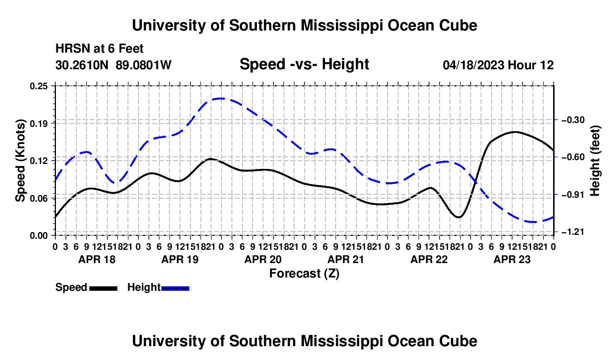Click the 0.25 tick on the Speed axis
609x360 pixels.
click(x=39, y=86)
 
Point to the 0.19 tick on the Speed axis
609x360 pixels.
click(x=39, y=124)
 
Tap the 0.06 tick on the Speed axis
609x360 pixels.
click(x=39, y=198)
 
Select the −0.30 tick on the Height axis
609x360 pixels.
click(x=573, y=120)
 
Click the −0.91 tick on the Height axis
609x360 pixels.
click(x=573, y=194)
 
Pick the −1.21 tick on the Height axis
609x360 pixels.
click(x=573, y=232)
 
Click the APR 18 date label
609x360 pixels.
click(x=97, y=259)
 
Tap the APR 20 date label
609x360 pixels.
click(x=263, y=259)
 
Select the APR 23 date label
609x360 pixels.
click(x=512, y=259)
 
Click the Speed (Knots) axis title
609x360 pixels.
click(x=20, y=161)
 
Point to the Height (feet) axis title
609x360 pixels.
click(x=595, y=161)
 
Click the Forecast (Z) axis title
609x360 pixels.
click(x=304, y=274)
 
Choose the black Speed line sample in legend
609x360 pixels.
click(x=104, y=288)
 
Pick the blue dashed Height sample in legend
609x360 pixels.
click(x=175, y=288)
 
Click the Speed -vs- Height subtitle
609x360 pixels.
click(x=304, y=64)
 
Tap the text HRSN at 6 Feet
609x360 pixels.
click(x=100, y=49)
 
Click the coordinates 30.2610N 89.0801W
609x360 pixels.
click(x=113, y=65)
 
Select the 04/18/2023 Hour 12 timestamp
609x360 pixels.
click(x=498, y=65)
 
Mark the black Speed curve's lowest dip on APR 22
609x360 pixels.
click(x=459, y=217)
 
